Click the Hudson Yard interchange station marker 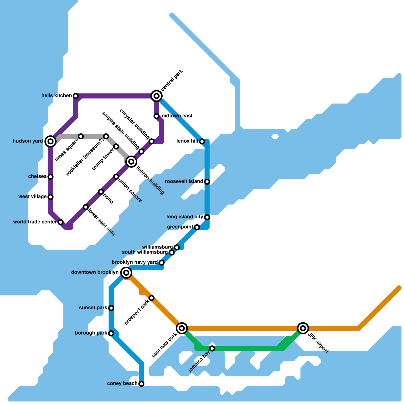[50, 141]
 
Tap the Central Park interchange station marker [157, 96]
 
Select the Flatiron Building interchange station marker [131, 162]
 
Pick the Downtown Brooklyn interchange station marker [126, 273]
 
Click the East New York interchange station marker [182, 328]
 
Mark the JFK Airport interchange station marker [303, 328]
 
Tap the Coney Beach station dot [141, 384]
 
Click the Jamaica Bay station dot [212, 348]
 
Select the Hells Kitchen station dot [76, 96]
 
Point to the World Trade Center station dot [61, 222]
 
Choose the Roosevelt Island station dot [207, 182]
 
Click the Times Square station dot [81, 136]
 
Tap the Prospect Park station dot [151, 298]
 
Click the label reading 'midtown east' [176, 116]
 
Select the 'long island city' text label [185, 217]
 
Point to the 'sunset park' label [93, 308]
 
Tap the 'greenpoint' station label [180, 227]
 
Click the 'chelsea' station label [37, 176]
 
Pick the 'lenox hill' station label [187, 141]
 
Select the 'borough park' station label [91, 333]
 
